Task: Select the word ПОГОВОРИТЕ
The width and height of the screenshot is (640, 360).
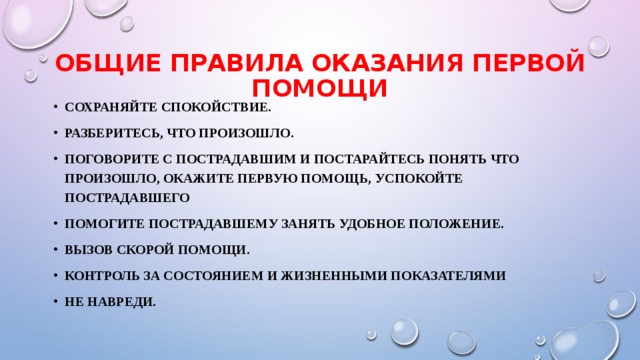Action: [x=108, y=158]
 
